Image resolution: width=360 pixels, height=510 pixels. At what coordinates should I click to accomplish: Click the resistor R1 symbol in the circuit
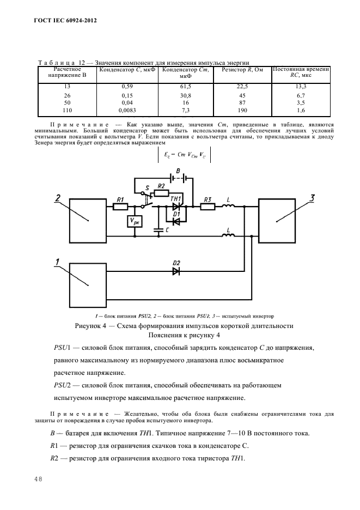click(121, 207)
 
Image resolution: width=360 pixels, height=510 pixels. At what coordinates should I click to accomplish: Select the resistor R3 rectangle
click(207, 207)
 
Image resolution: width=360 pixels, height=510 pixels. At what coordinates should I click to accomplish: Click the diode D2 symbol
click(176, 271)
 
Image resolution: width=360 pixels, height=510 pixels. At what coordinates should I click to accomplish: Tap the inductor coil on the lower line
click(228, 235)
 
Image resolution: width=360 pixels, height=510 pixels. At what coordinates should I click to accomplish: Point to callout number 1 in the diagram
click(57, 262)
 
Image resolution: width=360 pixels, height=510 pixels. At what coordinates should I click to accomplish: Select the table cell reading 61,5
click(186, 87)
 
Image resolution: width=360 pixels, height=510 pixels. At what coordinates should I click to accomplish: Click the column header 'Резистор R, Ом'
click(242, 70)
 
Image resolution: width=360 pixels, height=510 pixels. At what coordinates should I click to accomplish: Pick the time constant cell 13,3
click(300, 87)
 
